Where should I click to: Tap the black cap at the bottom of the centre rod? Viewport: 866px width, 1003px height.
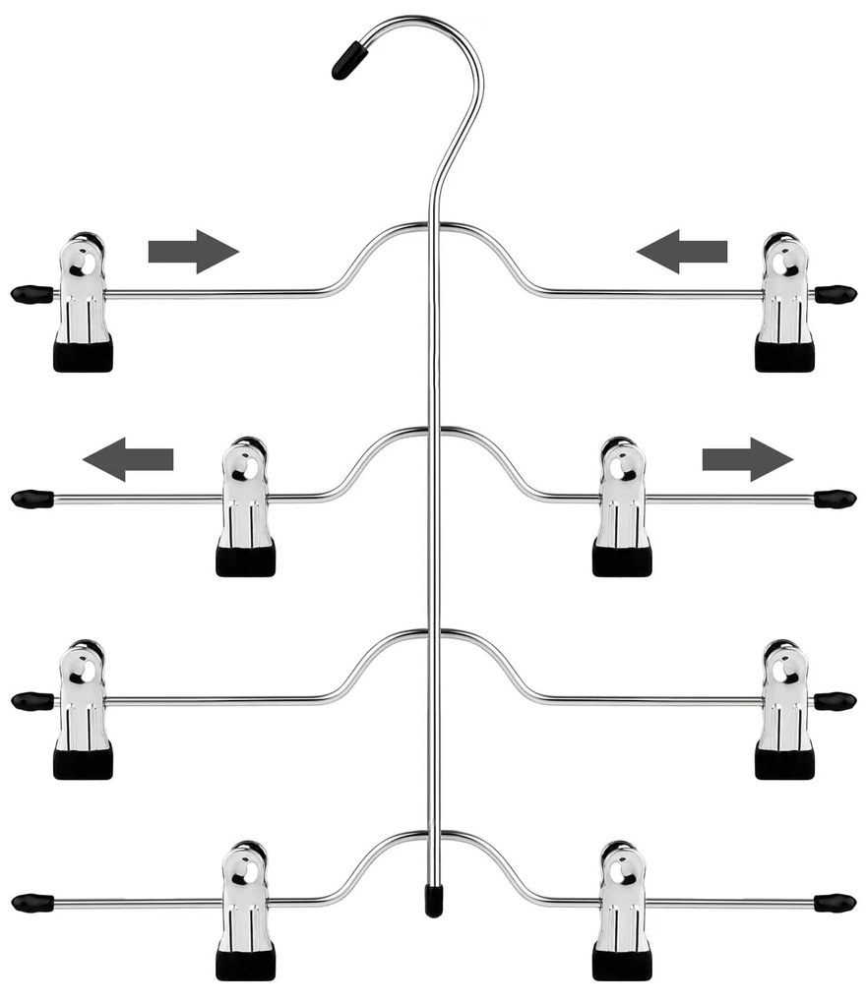click(x=433, y=899)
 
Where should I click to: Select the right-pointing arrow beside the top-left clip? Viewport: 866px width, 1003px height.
click(x=194, y=252)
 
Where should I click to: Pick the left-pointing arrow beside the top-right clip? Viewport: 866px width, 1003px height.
click(x=682, y=252)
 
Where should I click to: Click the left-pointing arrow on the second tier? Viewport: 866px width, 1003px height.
click(x=128, y=459)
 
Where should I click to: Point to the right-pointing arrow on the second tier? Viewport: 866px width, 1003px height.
click(x=747, y=459)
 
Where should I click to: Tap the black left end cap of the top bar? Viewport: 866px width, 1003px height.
click(x=31, y=293)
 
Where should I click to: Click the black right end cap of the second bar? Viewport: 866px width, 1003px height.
click(x=835, y=499)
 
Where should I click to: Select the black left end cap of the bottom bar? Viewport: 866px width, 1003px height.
click(x=32, y=901)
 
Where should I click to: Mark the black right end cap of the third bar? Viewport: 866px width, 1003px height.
click(x=835, y=701)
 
